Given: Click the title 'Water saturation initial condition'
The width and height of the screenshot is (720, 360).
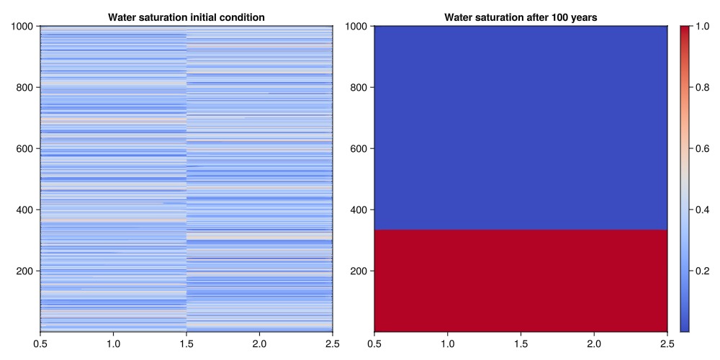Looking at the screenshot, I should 186,17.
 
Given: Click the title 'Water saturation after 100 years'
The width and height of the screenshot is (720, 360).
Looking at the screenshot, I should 521,17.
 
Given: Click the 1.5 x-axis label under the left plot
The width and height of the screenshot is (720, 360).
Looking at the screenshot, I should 186,342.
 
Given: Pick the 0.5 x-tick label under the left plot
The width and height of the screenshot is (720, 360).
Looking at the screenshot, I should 40,342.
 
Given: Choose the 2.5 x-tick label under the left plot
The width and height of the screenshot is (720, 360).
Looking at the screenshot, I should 332,342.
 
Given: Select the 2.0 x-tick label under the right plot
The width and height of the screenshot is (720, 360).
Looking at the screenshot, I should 594,342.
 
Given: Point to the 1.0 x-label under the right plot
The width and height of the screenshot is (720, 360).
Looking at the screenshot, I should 447,342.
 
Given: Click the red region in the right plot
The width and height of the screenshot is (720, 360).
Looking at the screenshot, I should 521,281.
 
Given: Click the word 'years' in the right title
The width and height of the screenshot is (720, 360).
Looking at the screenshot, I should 582,17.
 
